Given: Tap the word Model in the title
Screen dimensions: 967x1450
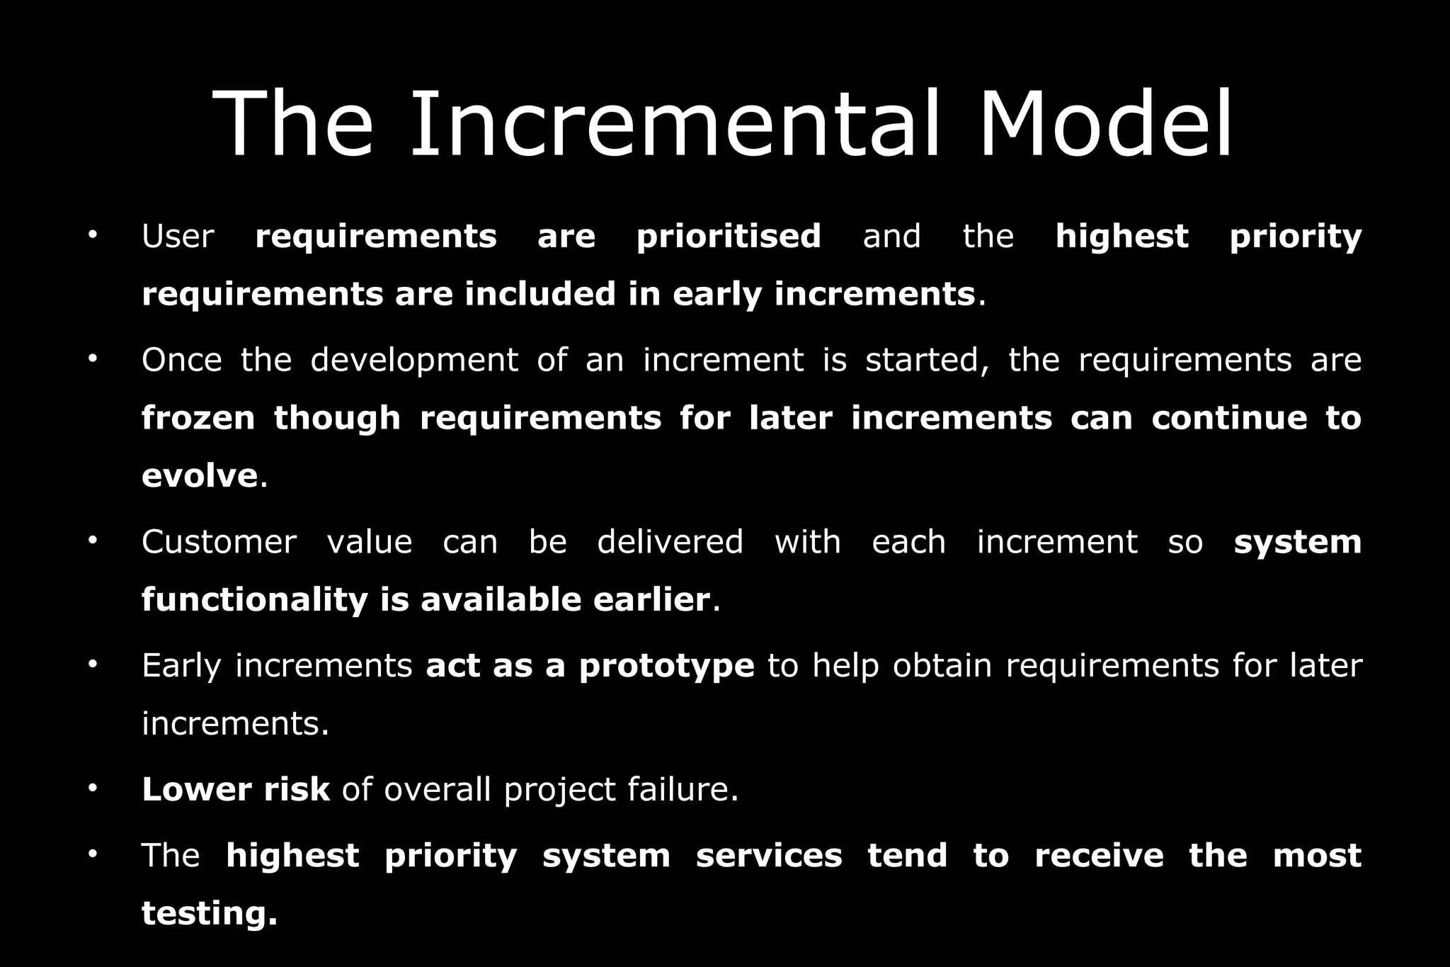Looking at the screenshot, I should [1107, 125].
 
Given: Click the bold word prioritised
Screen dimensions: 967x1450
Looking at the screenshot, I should [729, 237].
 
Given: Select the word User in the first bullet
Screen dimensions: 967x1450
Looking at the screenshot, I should [178, 237].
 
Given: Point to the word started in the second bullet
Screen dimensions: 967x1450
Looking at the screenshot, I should [927, 361].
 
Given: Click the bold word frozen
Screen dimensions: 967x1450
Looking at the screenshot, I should [198, 418].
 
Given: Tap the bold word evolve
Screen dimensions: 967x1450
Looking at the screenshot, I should [200, 475].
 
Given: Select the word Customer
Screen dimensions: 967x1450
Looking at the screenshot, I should [219, 543].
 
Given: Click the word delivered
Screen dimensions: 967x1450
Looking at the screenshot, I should [670, 543].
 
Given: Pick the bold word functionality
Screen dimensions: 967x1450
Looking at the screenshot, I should [255, 600].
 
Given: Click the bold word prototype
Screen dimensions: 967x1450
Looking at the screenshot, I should [666, 667].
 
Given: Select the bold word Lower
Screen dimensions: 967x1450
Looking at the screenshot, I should [196, 790].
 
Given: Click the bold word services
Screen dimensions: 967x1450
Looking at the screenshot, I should [769, 856].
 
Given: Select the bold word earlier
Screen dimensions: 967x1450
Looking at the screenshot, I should [651, 600].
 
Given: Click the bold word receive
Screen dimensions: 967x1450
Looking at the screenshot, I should [1099, 856].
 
